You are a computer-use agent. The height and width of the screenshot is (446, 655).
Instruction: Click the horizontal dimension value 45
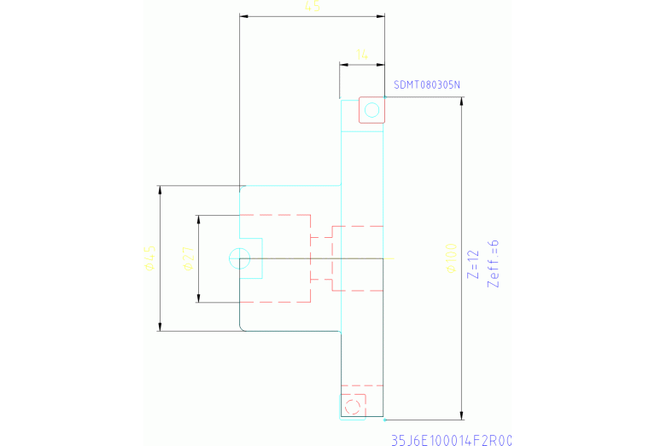tap(313, 7)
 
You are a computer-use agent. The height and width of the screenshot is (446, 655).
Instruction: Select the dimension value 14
tap(362, 54)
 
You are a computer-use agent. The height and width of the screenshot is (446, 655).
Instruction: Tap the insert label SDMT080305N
tap(427, 84)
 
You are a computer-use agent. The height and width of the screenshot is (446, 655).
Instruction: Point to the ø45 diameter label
tap(149, 258)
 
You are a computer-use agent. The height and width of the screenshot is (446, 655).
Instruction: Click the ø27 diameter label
tap(189, 258)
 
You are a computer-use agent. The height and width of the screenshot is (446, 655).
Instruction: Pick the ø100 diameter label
tap(450, 258)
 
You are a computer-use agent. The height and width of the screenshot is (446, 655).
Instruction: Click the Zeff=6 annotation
tap(492, 263)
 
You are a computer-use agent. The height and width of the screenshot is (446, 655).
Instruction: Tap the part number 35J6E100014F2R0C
tap(451, 440)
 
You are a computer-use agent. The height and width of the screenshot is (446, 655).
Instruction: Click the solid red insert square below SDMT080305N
tap(371, 109)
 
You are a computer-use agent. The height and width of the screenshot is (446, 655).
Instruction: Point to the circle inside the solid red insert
tap(371, 109)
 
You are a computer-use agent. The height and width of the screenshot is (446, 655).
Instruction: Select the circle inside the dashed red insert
tap(351, 403)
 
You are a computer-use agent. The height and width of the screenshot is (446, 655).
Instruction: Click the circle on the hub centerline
tap(239, 258)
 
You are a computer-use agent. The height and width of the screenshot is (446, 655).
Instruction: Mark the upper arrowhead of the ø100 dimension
tap(462, 101)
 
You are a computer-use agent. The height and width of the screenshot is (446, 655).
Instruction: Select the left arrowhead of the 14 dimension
tap(343, 63)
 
